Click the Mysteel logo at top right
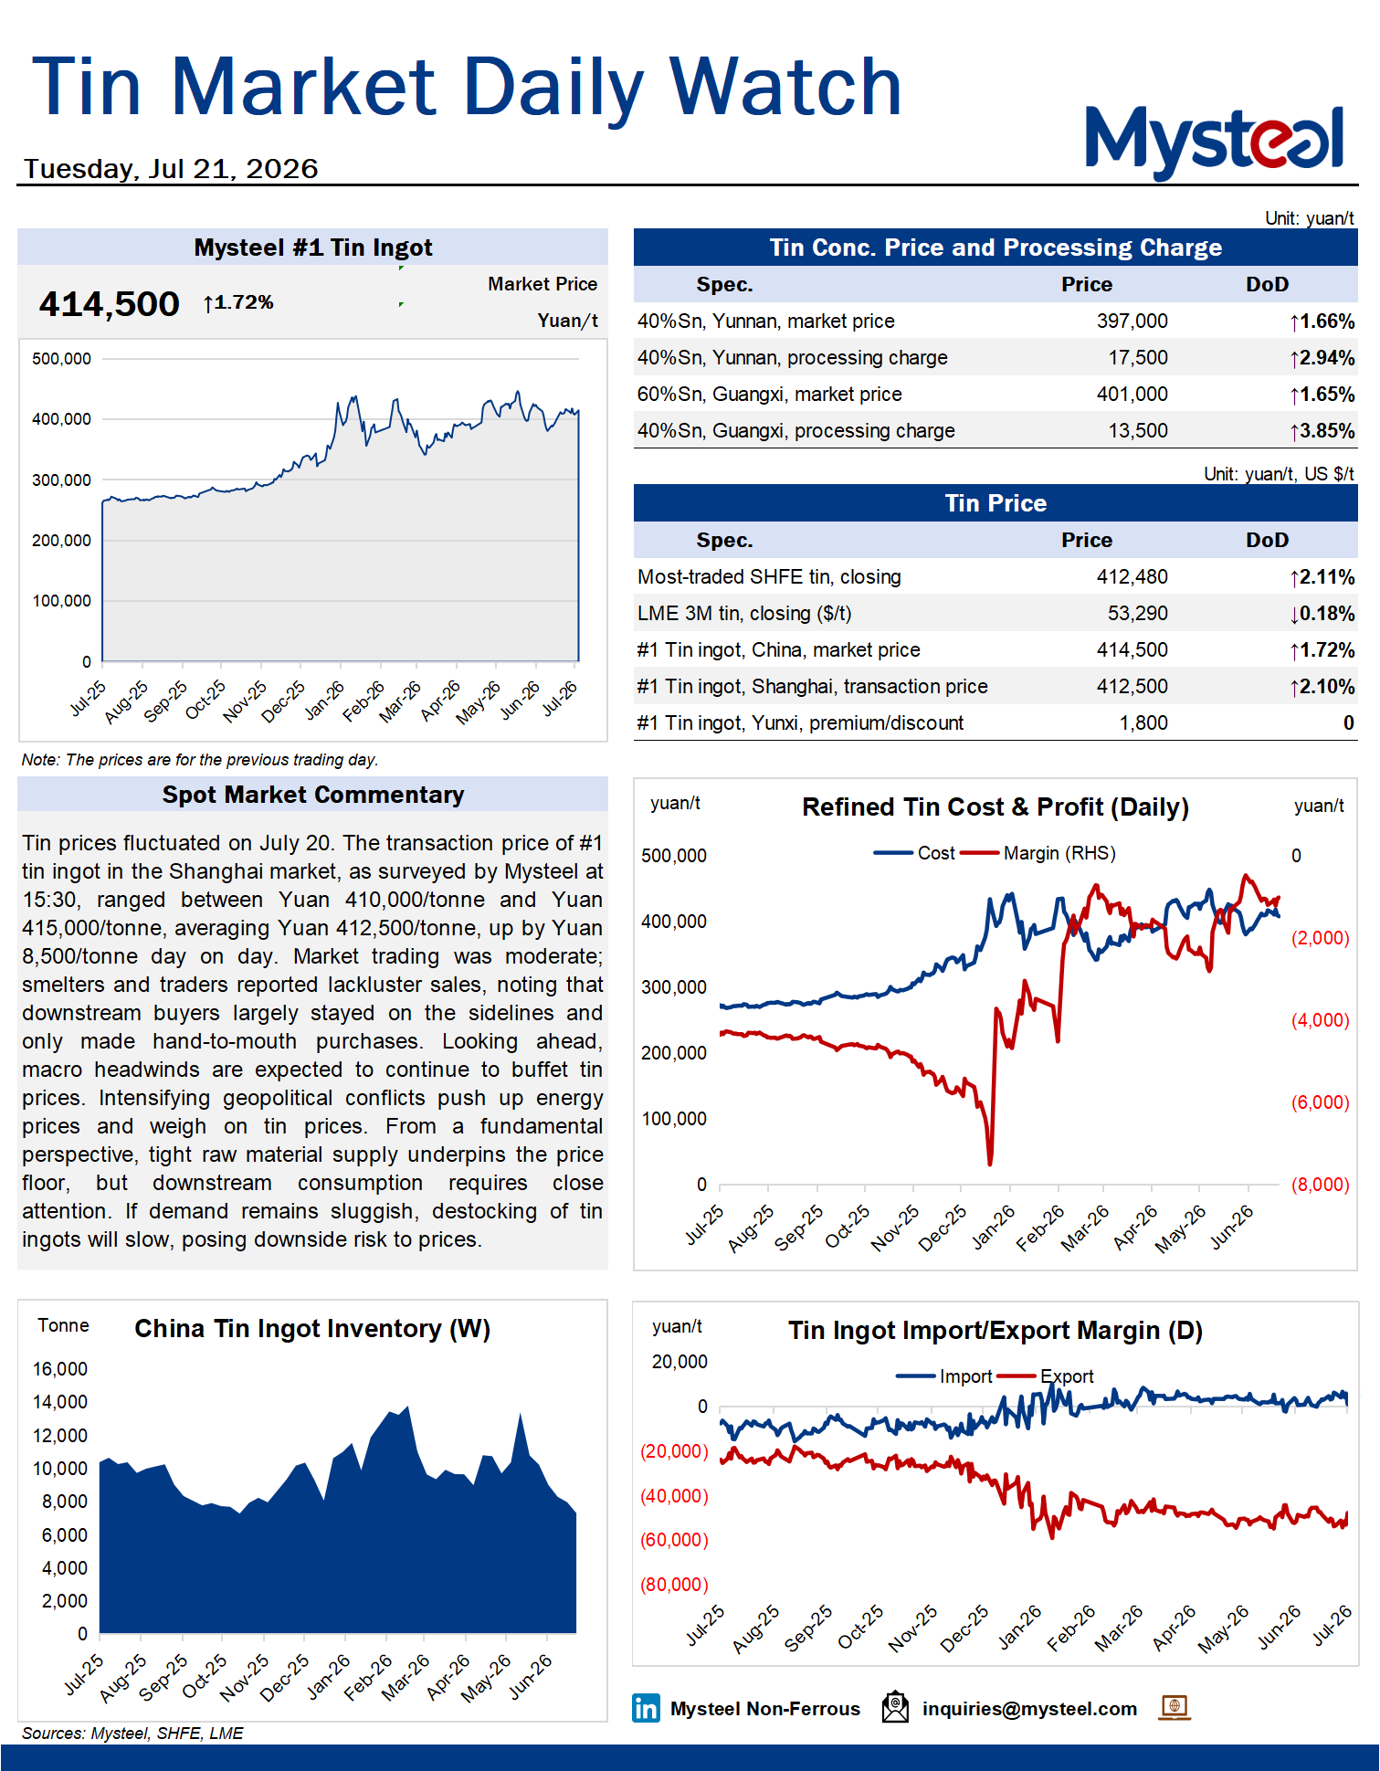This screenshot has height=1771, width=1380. tap(1214, 142)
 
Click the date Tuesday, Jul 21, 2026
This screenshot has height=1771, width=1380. tap(171, 169)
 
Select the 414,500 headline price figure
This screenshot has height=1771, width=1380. tap(109, 304)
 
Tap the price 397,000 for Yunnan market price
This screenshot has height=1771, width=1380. tap(1132, 322)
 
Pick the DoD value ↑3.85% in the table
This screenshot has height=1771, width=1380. tap(1322, 431)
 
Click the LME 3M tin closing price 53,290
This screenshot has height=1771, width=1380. tap(1137, 614)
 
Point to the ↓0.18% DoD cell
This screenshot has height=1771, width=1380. tap(1322, 614)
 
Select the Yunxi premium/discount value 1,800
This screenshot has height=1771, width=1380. tap(1143, 723)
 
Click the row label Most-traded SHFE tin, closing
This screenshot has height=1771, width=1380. tap(769, 577)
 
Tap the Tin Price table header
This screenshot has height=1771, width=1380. tap(995, 503)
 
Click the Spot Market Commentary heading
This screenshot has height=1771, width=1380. tap(313, 795)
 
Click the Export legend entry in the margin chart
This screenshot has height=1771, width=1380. tap(1046, 1376)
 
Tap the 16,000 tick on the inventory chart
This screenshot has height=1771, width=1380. tap(60, 1369)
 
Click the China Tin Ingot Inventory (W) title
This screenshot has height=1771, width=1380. tap(312, 1329)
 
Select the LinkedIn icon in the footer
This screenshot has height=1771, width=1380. tap(646, 1708)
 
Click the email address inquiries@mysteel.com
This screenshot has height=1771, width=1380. tap(1029, 1709)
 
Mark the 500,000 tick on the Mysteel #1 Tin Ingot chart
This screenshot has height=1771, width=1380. tap(61, 359)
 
